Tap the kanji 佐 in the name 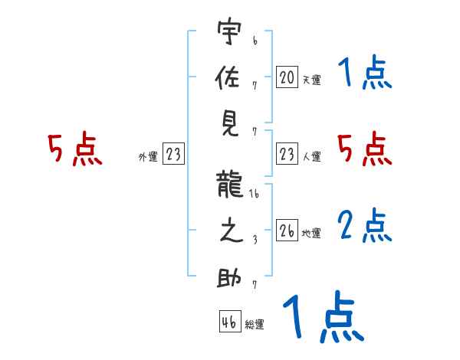[230, 78]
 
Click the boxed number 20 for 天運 [286, 77]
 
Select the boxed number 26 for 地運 [286, 231]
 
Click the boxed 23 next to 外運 [172, 155]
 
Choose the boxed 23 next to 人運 [286, 155]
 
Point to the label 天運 [311, 80]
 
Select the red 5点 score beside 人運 [365, 149]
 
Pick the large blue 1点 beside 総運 [322, 317]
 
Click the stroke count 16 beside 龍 [255, 196]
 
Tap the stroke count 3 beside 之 [254, 239]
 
